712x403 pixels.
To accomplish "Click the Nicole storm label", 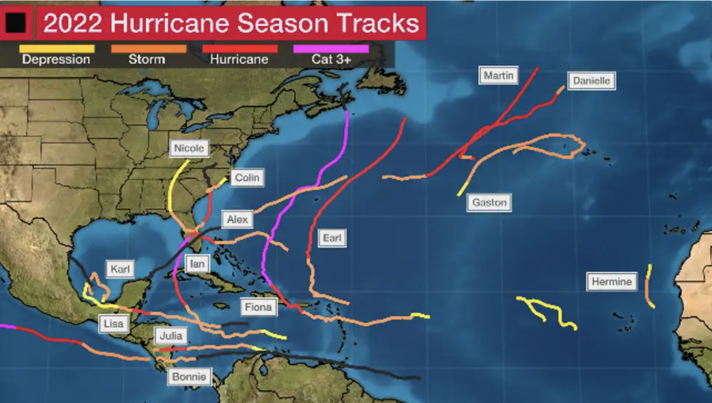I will [x=189, y=148].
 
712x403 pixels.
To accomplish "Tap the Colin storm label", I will [x=247, y=178].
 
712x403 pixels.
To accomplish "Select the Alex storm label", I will [x=237, y=219].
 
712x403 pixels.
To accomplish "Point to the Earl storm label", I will [x=332, y=238].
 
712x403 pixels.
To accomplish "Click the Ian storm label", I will [x=197, y=264].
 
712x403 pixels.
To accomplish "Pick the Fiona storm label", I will [x=258, y=307].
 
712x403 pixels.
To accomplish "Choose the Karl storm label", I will [x=120, y=269].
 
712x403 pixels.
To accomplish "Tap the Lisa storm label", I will [x=113, y=324].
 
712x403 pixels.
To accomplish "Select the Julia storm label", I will [x=171, y=336].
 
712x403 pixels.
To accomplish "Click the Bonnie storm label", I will [x=189, y=377].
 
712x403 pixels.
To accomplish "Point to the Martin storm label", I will [x=499, y=76].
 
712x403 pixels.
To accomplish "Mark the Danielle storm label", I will [x=591, y=81].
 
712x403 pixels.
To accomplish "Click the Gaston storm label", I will [x=489, y=202].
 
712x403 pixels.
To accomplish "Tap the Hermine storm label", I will [x=612, y=282].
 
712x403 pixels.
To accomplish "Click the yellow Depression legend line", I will [x=56, y=49].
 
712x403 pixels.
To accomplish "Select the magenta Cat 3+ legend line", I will [x=331, y=49].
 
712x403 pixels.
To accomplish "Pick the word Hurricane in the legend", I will [x=239, y=60].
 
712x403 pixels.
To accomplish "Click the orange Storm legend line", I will [x=149, y=49].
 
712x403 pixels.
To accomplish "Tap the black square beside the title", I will [x=16, y=22].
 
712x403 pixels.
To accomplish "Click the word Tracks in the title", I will [x=379, y=23].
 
